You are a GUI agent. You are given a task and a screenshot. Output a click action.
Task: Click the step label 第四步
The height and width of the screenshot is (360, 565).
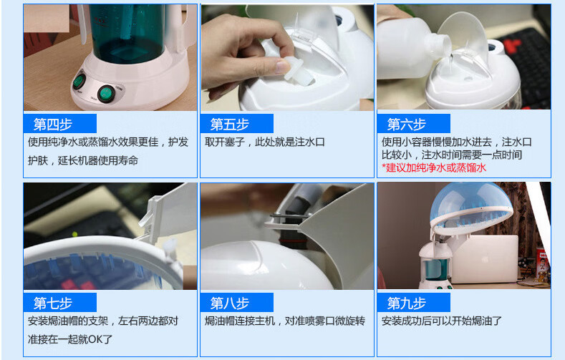[53, 125]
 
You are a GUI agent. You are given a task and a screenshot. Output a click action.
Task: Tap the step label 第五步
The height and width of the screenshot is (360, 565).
[230, 125]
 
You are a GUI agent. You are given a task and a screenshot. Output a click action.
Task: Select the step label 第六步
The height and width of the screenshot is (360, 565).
[407, 125]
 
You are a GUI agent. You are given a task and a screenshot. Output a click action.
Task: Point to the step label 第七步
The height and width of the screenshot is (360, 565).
[53, 303]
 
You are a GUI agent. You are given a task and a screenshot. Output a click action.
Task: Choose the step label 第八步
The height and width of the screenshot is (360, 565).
[230, 303]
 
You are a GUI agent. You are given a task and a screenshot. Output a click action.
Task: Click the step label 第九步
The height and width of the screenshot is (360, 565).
[407, 303]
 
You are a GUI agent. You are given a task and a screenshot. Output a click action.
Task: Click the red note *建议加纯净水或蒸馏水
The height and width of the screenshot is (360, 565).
[434, 167]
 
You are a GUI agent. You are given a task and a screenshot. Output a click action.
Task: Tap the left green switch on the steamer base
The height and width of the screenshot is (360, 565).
[79, 82]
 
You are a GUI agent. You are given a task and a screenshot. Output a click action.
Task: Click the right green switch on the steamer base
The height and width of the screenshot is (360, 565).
[106, 94]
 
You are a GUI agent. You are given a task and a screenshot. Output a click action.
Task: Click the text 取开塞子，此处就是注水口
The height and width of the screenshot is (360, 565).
[265, 142]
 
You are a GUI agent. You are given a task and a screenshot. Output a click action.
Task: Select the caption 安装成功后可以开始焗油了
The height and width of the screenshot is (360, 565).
[441, 321]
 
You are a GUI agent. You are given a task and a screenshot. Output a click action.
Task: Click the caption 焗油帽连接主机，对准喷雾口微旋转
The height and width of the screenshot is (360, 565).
[285, 321]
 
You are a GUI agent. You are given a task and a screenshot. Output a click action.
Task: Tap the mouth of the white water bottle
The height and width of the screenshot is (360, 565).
[446, 46]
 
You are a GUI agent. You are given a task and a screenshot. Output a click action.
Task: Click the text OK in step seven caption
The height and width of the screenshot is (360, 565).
[95, 339]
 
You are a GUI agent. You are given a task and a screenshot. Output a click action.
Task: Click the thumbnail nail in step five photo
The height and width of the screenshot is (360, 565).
[282, 67]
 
